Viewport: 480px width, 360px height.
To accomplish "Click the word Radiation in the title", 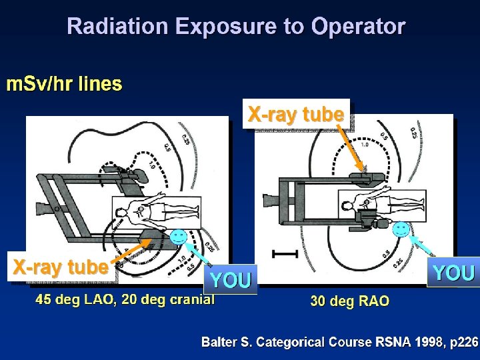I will [x=117, y=27].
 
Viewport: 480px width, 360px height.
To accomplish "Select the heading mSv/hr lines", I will [x=65, y=85].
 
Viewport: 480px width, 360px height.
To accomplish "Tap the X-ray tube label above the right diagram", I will [x=295, y=115].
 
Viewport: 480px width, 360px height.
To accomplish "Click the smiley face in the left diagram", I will [x=177, y=235].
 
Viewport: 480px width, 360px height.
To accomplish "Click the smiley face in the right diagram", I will [x=401, y=229].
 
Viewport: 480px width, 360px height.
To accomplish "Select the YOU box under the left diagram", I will [x=231, y=280].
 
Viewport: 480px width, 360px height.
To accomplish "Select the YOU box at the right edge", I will [x=453, y=273].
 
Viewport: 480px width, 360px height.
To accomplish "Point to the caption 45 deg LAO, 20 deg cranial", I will [x=125, y=299].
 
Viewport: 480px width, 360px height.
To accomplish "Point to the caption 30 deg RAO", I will [x=349, y=301].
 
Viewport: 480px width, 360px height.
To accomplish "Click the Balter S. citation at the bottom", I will [x=340, y=342].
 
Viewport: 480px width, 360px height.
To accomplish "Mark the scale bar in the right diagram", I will [x=284, y=253].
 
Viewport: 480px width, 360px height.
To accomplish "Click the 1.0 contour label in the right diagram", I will [x=364, y=145].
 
